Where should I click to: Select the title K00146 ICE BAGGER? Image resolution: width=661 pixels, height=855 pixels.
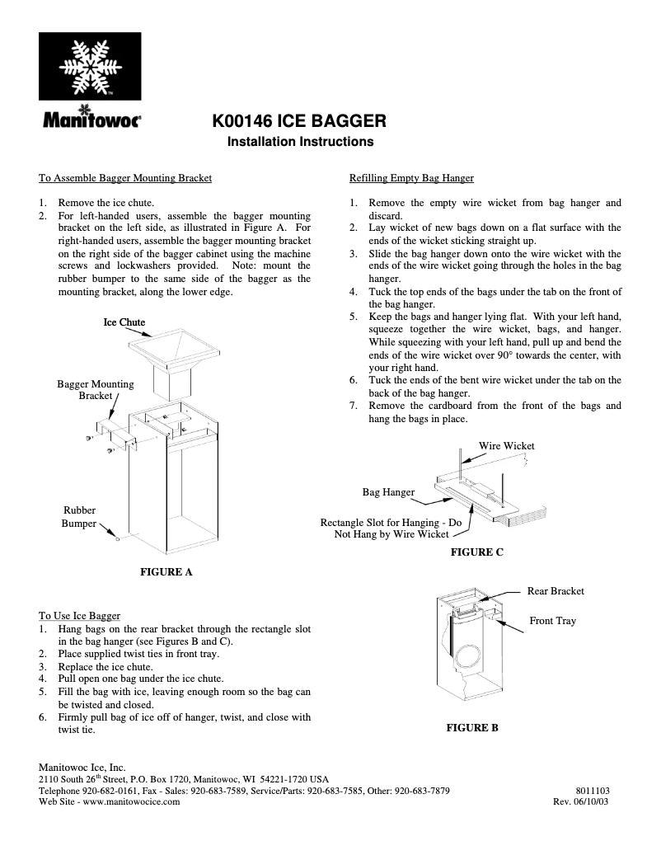pyautogui.click(x=300, y=121)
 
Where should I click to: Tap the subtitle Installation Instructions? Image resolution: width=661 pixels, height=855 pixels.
pyautogui.click(x=300, y=142)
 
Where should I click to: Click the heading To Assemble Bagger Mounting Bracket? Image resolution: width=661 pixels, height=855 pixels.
pyautogui.click(x=125, y=177)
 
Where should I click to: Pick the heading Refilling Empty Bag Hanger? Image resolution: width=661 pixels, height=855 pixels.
pyautogui.click(x=411, y=177)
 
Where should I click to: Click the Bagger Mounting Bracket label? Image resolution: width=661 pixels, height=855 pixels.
pyautogui.click(x=95, y=389)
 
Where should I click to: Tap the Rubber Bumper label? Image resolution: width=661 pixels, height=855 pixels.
pyautogui.click(x=79, y=517)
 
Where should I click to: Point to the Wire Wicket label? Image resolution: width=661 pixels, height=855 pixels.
pyautogui.click(x=506, y=445)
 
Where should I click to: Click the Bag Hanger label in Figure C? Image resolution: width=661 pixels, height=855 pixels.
pyautogui.click(x=388, y=492)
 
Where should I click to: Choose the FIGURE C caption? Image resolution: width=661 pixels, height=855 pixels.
pyautogui.click(x=476, y=552)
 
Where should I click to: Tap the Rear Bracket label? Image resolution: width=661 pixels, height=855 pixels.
pyautogui.click(x=556, y=590)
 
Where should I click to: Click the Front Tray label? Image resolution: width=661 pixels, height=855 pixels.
pyautogui.click(x=552, y=620)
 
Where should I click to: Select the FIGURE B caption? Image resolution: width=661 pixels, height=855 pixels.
pyautogui.click(x=471, y=727)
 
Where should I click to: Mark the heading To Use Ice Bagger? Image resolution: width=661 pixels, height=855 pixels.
pyautogui.click(x=79, y=615)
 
